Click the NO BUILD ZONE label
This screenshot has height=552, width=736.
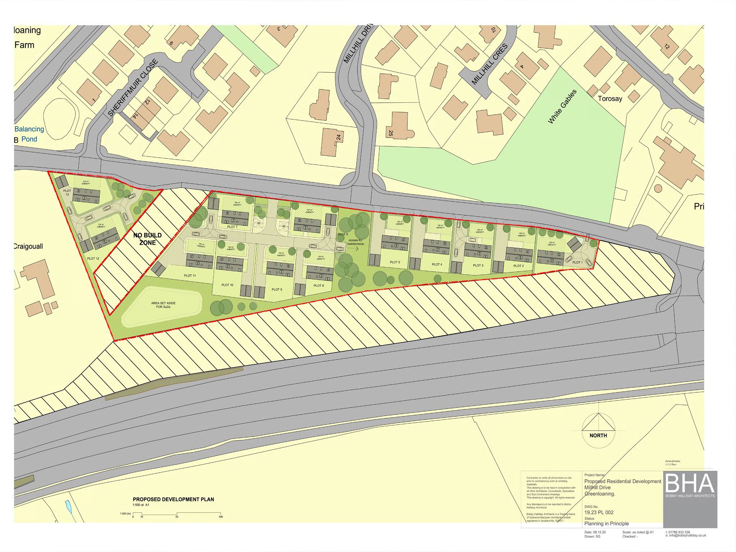[147, 239]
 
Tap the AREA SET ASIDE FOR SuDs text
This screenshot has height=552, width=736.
[163, 305]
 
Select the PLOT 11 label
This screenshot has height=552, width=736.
[190, 276]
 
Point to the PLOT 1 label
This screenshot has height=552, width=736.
[577, 262]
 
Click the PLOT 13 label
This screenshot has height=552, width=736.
[67, 193]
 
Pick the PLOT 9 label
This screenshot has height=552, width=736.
[277, 289]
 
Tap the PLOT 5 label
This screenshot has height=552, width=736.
[395, 262]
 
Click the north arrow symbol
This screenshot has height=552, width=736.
[598, 424]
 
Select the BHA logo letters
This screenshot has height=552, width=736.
[690, 484]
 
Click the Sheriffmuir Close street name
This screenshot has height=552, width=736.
[133, 88]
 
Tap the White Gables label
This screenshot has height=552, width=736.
[562, 107]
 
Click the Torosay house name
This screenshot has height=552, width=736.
[610, 98]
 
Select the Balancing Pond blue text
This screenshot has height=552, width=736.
[29, 134]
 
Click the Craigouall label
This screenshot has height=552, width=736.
[28, 247]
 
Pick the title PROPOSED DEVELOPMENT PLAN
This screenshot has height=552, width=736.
[173, 499]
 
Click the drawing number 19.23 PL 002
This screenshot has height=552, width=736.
[599, 512]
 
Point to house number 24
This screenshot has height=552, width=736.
[338, 137]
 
